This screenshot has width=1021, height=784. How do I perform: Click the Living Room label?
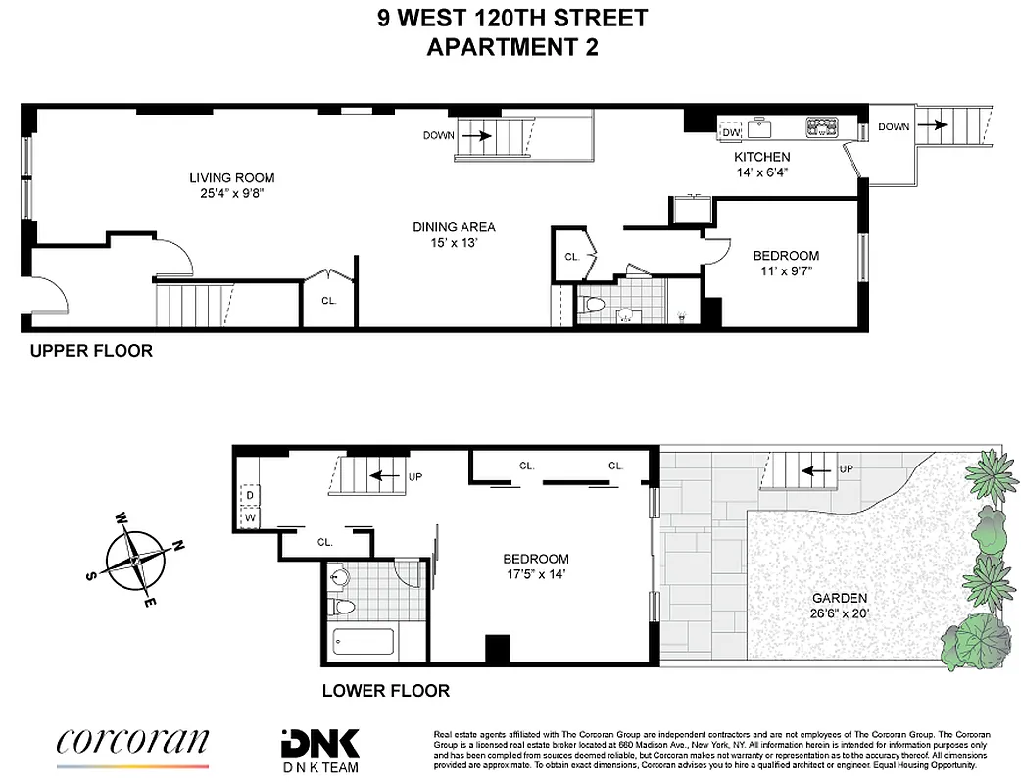[232, 178]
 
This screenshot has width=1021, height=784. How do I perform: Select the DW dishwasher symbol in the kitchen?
[732, 130]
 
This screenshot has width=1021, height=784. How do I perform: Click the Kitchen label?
[762, 157]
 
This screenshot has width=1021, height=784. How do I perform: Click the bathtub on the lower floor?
[364, 643]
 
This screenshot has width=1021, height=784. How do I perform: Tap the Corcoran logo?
[132, 742]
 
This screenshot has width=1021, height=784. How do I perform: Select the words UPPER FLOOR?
[91, 351]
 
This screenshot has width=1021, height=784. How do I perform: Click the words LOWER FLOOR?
[386, 691]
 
